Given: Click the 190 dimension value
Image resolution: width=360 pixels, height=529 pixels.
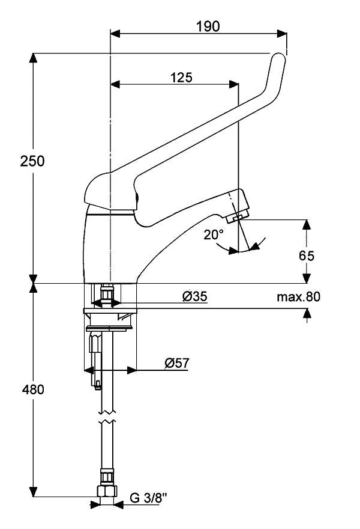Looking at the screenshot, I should (x=208, y=26).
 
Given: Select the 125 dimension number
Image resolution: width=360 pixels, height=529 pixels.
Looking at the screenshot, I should (x=181, y=77).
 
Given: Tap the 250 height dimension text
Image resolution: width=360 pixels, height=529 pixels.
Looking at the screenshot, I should (x=32, y=161).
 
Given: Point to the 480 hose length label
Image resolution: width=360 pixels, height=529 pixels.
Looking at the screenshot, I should (x=32, y=390).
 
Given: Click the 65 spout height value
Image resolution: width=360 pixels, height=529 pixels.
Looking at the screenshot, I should (x=307, y=255).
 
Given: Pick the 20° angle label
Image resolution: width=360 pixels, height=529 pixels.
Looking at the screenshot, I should (x=213, y=234).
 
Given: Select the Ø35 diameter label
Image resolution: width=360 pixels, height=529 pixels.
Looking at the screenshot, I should (x=195, y=296).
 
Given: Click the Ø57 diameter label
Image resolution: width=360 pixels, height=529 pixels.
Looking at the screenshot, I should (x=178, y=363).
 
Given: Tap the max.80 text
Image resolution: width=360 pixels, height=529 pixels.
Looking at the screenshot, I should (x=299, y=296).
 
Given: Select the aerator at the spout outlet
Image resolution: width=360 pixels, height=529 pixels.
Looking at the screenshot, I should (x=241, y=215).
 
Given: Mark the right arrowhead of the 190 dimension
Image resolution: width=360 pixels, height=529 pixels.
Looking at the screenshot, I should (x=283, y=33).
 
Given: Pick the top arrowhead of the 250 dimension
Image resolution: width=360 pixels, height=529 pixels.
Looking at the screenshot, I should (x=34, y=58).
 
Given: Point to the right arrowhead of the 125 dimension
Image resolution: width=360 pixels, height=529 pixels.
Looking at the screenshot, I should (x=235, y=85).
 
